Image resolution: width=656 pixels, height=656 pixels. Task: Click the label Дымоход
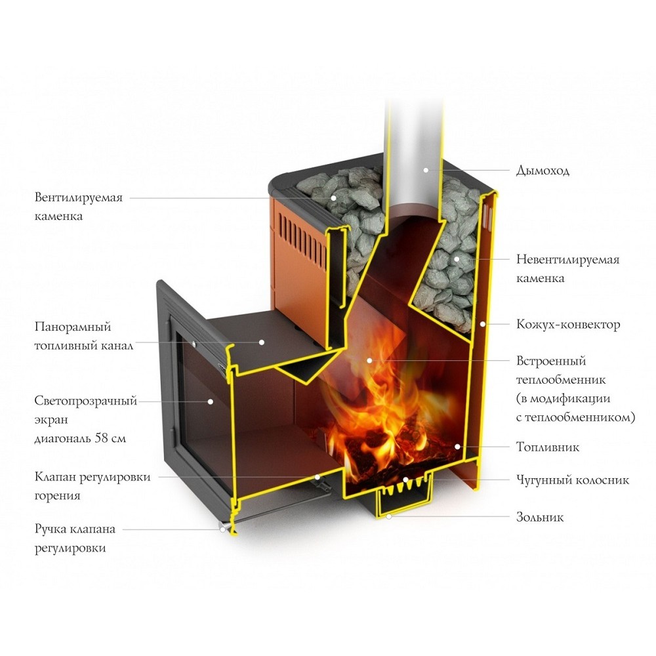click(x=543, y=171)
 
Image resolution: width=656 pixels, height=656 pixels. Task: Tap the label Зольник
click(x=539, y=518)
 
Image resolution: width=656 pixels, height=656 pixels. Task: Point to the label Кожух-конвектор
click(x=567, y=325)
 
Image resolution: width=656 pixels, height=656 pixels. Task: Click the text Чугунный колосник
click(x=573, y=480)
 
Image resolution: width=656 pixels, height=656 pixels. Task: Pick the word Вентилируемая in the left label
click(x=79, y=197)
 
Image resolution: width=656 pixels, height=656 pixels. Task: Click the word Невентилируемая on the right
click(x=567, y=260)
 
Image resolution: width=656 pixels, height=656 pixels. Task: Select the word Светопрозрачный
click(x=86, y=401)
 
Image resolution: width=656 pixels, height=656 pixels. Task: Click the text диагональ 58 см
click(x=80, y=438)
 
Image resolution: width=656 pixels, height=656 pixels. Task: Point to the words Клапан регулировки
click(x=92, y=477)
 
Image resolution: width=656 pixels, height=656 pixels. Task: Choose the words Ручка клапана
click(x=75, y=529)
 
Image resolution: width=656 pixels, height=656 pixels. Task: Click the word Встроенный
click(x=550, y=361)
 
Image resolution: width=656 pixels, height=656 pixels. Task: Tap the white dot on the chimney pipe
click(x=426, y=170)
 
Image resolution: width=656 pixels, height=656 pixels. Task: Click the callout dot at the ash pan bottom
click(x=389, y=517)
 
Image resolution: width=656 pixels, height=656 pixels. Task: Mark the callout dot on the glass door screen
click(x=211, y=401)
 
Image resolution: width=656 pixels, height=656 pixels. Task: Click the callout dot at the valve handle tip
click(x=224, y=528)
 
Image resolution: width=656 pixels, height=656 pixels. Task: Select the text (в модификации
click(x=564, y=398)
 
